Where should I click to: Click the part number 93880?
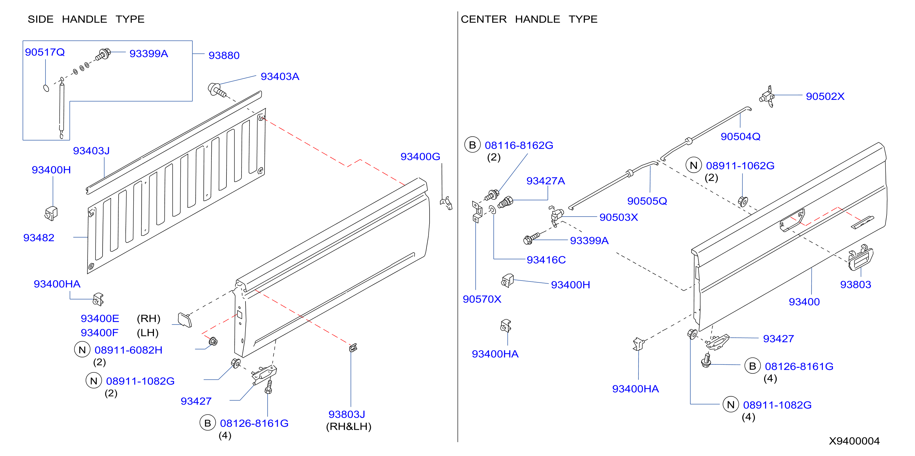224,55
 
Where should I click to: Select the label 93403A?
280,76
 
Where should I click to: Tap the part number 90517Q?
45,52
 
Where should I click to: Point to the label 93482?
39,238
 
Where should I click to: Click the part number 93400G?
420,157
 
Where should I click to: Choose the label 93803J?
347,414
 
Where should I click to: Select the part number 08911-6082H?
128,350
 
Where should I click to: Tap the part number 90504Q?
740,137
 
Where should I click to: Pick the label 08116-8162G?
519,145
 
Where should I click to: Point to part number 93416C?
546,260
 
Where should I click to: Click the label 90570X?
482,299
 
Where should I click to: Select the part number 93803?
855,285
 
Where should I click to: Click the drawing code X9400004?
854,441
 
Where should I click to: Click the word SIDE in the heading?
41,19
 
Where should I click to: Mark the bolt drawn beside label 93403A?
217,89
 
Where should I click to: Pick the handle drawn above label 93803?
860,257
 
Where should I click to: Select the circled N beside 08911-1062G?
694,165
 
